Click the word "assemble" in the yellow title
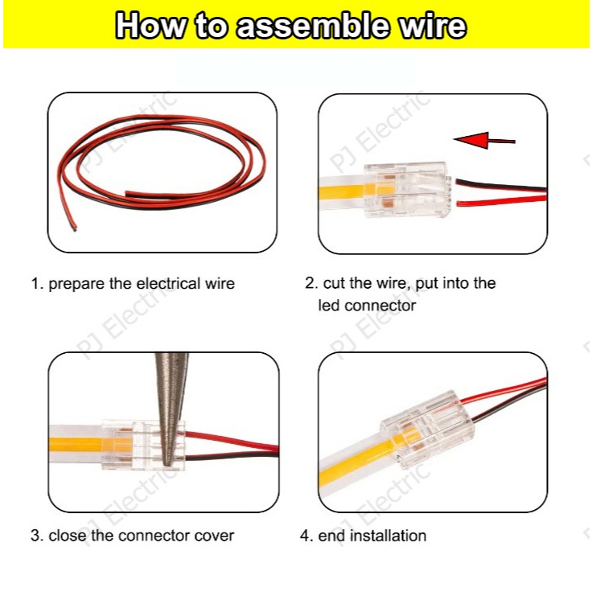pyautogui.click(x=313, y=26)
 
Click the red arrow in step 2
pyautogui.click(x=484, y=140)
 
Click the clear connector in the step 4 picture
pyautogui.click(x=426, y=429)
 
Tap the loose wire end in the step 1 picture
pyautogui.click(x=74, y=228)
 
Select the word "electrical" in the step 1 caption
pyautogui.click(x=168, y=283)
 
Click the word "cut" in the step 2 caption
pyautogui.click(x=335, y=283)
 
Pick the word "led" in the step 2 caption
pyautogui.click(x=329, y=305)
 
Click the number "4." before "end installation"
pyautogui.click(x=306, y=536)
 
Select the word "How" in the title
pyautogui.click(x=150, y=26)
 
